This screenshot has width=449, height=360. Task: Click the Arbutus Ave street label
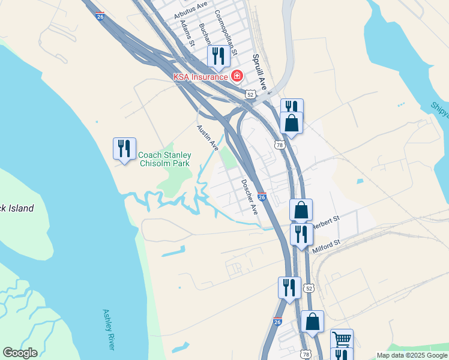[x=190, y=10]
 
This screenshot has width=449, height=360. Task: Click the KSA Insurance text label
[x=200, y=76]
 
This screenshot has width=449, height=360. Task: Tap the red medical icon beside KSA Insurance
[x=237, y=76]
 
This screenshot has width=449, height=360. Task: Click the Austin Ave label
[x=207, y=137]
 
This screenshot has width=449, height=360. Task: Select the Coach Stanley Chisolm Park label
[x=164, y=159]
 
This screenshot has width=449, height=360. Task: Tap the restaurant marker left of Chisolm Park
[x=124, y=148]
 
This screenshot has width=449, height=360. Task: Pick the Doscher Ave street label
[x=249, y=197]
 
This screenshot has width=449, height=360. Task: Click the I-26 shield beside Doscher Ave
[x=262, y=196]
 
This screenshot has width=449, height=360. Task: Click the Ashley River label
[x=109, y=329]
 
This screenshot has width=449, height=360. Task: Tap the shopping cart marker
[x=342, y=339]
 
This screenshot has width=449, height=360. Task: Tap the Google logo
[x=20, y=353]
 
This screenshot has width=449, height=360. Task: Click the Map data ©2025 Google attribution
[x=412, y=355]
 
